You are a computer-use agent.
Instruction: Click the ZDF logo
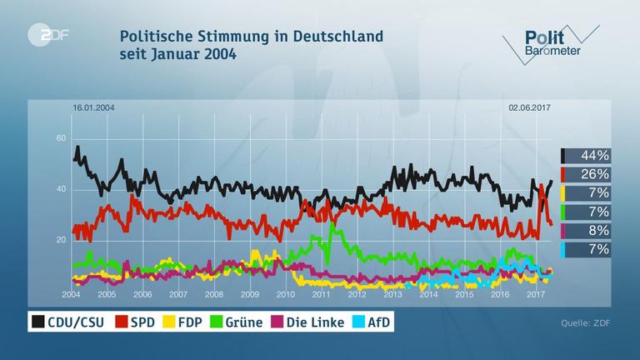[x=42, y=35]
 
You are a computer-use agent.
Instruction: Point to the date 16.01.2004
[x=93, y=107]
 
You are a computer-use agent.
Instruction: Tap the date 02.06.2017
[x=530, y=107]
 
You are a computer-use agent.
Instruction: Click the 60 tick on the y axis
[x=61, y=138]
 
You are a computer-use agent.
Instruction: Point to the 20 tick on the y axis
[x=61, y=241]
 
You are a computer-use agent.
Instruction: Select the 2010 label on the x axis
[x=286, y=294]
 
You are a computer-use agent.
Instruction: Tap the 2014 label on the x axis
[x=428, y=294]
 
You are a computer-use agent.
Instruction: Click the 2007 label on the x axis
[x=178, y=294]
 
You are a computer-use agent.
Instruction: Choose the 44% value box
[x=587, y=156]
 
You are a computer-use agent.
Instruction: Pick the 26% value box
[x=587, y=174]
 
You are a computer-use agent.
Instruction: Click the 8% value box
[x=587, y=230]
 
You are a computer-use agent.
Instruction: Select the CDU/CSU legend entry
[x=72, y=322]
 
